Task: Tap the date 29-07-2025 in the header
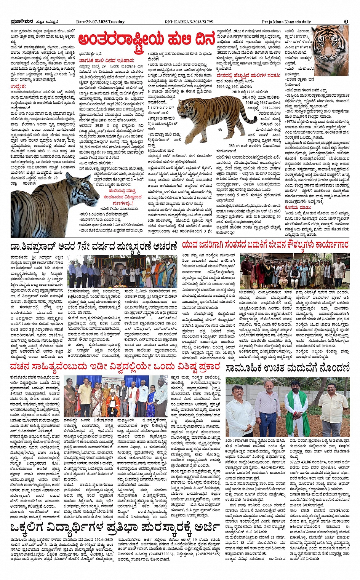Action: (x=101, y=22)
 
